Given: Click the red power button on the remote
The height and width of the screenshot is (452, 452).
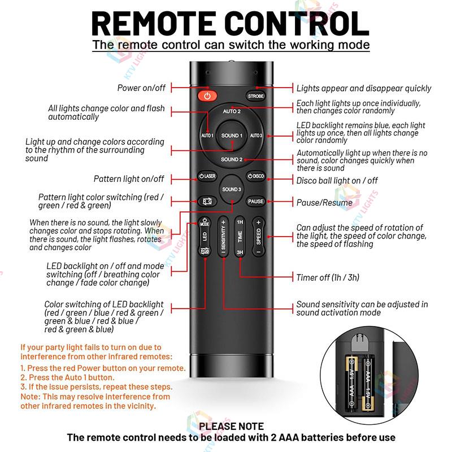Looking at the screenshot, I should tap(207, 96).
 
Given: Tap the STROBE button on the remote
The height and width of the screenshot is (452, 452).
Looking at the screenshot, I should tap(255, 96).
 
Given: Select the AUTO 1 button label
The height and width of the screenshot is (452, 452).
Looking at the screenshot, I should tap(207, 136).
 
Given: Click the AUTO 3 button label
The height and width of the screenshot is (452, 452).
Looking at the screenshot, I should tap(256, 136).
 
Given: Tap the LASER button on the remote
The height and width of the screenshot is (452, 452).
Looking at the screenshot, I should tap(207, 176).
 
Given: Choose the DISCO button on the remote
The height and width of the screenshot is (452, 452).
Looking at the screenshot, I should tap(255, 176).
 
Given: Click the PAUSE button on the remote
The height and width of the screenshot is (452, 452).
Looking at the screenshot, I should tap(255, 201).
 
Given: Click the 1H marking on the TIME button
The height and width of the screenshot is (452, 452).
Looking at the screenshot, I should tap(240, 223).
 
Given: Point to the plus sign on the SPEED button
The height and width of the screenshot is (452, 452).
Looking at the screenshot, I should tap(258, 223).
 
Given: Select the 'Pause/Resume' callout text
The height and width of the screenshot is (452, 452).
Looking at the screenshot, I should tap(324, 202).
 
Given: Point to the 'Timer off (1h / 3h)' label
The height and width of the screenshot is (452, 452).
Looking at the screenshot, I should tap(328, 277).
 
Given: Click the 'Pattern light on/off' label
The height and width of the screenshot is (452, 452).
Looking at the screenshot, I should tap(129, 179).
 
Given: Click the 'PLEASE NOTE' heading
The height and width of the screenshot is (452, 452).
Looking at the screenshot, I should tap(231, 426).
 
